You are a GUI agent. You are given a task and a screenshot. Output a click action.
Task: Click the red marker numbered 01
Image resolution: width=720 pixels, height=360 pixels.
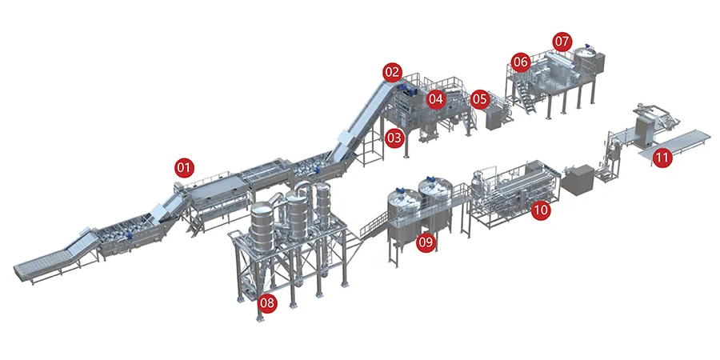tap(184, 168)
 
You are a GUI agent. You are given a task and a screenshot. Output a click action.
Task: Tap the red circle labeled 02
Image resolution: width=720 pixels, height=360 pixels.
tap(393, 72)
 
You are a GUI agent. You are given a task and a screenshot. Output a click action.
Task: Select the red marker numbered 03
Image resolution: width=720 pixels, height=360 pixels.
tap(394, 138)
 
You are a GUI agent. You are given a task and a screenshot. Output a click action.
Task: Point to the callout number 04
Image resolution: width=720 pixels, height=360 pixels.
tap(436, 98)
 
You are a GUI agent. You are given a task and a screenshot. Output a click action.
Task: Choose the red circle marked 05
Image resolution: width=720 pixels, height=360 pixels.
tap(480, 98)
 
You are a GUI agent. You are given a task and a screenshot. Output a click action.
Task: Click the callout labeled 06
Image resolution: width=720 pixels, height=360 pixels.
tap(521, 62)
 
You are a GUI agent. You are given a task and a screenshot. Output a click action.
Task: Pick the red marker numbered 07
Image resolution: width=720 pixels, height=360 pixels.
tap(562, 42)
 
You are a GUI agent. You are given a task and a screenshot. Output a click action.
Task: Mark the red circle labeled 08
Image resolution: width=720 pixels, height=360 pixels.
tap(267, 302)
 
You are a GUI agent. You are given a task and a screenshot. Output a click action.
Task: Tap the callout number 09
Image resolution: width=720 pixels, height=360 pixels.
tap(426, 242)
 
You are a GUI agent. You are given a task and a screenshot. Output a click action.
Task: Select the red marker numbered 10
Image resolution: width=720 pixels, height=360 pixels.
tap(541, 210)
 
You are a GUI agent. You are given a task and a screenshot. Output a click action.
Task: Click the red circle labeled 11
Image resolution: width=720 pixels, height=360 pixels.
tap(662, 158)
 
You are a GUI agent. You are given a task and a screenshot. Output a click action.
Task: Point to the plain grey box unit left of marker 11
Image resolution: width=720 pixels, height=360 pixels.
tap(578, 178)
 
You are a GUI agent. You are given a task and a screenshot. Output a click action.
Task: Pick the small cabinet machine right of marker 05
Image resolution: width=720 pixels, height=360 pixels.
tap(493, 118)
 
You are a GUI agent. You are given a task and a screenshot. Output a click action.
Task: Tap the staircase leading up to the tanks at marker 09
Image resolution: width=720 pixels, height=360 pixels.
tap(374, 225)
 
